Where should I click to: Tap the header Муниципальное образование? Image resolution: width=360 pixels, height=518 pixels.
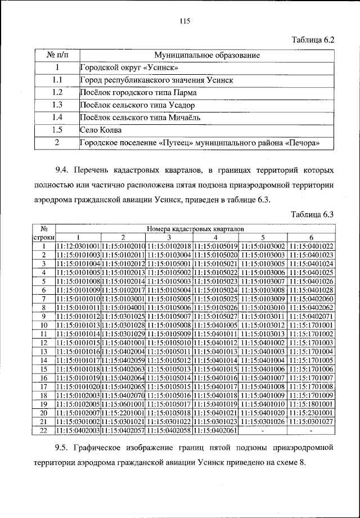(x=206, y=55)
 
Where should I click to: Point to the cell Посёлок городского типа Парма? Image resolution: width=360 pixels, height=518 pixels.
(x=137, y=92)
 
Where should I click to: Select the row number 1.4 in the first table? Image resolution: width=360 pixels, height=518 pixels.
(x=56, y=118)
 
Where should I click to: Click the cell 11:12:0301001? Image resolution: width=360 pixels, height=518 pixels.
(x=78, y=246)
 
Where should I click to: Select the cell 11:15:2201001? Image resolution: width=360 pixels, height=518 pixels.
(x=123, y=412)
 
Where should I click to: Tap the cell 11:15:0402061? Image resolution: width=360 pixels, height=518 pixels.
(x=215, y=430)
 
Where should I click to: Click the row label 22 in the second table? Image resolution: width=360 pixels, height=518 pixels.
(x=43, y=430)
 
